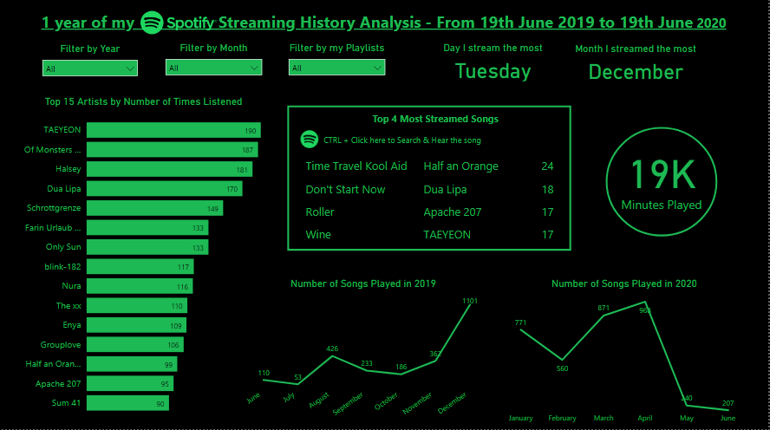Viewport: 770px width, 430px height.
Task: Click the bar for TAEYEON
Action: (173, 130)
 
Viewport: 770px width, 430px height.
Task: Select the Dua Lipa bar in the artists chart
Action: (165, 188)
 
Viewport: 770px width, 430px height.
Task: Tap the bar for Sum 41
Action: (128, 403)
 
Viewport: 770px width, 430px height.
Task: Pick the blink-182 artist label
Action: (62, 267)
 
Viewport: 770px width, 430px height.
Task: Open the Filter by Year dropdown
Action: (90, 68)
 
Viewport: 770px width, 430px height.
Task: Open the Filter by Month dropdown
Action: (213, 68)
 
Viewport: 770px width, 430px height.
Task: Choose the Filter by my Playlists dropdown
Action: (336, 68)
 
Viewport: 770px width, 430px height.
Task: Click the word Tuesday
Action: (493, 72)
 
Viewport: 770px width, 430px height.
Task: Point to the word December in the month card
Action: (636, 73)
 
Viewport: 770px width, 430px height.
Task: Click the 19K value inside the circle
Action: (662, 175)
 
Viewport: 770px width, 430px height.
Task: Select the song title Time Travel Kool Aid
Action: (356, 166)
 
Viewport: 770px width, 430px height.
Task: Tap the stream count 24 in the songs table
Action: (547, 166)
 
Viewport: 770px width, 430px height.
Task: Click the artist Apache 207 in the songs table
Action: (453, 212)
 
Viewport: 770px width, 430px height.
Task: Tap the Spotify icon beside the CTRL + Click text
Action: (309, 140)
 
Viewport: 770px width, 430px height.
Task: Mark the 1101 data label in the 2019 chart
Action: (470, 301)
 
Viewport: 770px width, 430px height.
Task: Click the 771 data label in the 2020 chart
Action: (520, 323)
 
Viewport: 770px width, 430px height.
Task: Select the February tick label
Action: (562, 419)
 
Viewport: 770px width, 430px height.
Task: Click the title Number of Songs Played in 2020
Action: (624, 283)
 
